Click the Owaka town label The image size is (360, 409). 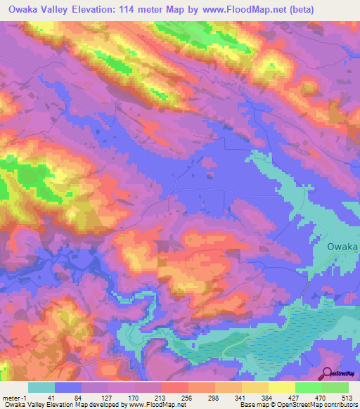(343, 247)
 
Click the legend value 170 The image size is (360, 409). (134, 397)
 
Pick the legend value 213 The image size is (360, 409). (161, 397)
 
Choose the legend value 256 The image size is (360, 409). (188, 397)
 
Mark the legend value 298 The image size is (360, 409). (214, 397)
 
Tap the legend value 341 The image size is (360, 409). (241, 397)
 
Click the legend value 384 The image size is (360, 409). (268, 397)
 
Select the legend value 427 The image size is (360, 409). (295, 397)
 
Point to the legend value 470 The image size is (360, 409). (321, 397)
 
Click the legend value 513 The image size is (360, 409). (347, 397)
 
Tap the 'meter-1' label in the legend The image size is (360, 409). (15, 397)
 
